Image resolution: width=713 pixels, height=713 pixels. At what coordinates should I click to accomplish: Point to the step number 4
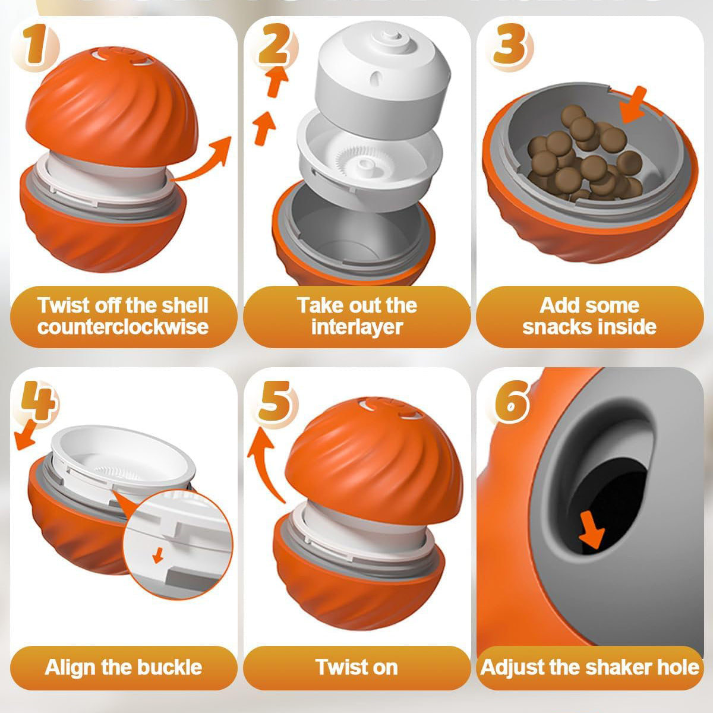(39, 401)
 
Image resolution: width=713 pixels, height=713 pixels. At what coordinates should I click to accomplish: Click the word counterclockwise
(123, 327)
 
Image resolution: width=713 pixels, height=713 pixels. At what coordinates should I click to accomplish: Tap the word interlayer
(356, 327)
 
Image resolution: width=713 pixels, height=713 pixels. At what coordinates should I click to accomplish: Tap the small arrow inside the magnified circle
(158, 555)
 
